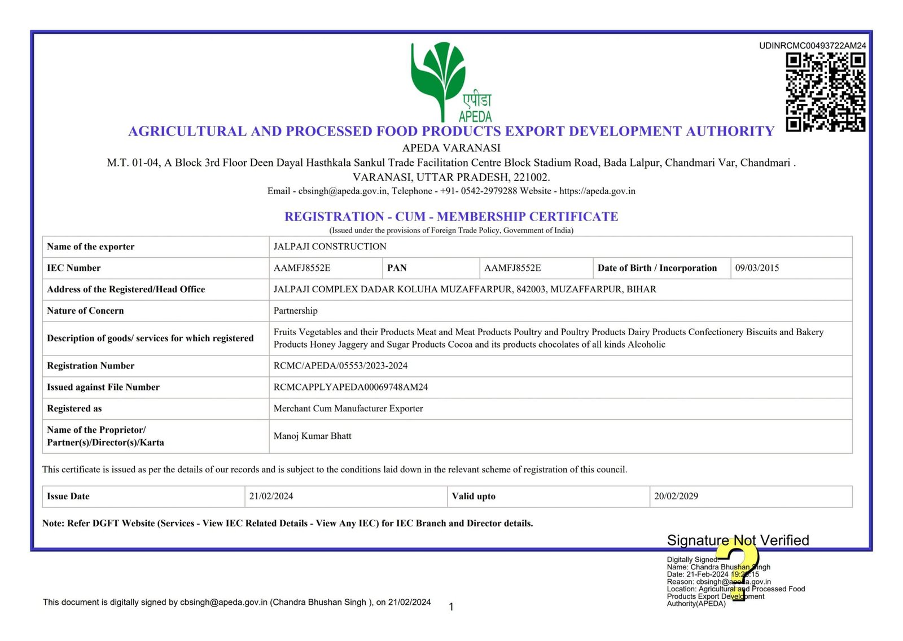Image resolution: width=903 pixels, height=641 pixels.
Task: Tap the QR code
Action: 826,92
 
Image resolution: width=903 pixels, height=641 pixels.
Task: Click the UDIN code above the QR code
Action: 812,46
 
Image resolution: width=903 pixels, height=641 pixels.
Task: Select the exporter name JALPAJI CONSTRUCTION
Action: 330,247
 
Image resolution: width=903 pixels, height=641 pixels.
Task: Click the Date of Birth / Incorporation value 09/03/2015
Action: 757,268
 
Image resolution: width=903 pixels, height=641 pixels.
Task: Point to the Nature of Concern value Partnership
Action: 295,311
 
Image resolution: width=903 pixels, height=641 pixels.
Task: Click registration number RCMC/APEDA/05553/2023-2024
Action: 340,366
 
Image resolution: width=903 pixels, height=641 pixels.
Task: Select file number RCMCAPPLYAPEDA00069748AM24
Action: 350,387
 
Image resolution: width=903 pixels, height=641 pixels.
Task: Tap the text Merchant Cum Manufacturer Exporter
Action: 348,409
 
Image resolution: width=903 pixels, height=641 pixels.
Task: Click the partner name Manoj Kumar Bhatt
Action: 312,436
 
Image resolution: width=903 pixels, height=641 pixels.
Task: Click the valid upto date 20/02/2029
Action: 676,497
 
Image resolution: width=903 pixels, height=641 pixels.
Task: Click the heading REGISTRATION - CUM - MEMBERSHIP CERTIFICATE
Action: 451,217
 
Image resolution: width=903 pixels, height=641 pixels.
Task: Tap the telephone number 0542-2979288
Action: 489,191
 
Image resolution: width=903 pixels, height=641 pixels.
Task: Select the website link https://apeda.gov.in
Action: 597,191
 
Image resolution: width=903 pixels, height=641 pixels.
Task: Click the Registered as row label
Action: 74,409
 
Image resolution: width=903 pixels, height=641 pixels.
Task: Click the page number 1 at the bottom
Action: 451,607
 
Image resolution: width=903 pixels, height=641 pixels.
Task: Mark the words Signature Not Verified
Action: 738,541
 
